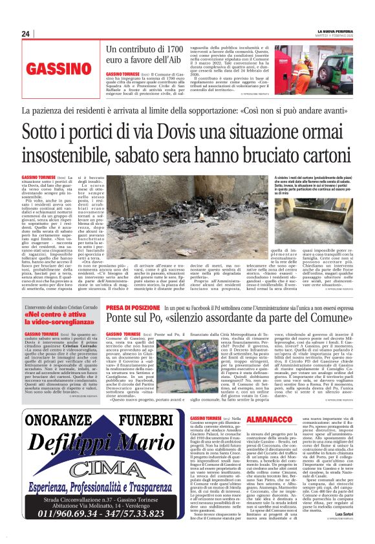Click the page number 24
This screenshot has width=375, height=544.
pos(26,34)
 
